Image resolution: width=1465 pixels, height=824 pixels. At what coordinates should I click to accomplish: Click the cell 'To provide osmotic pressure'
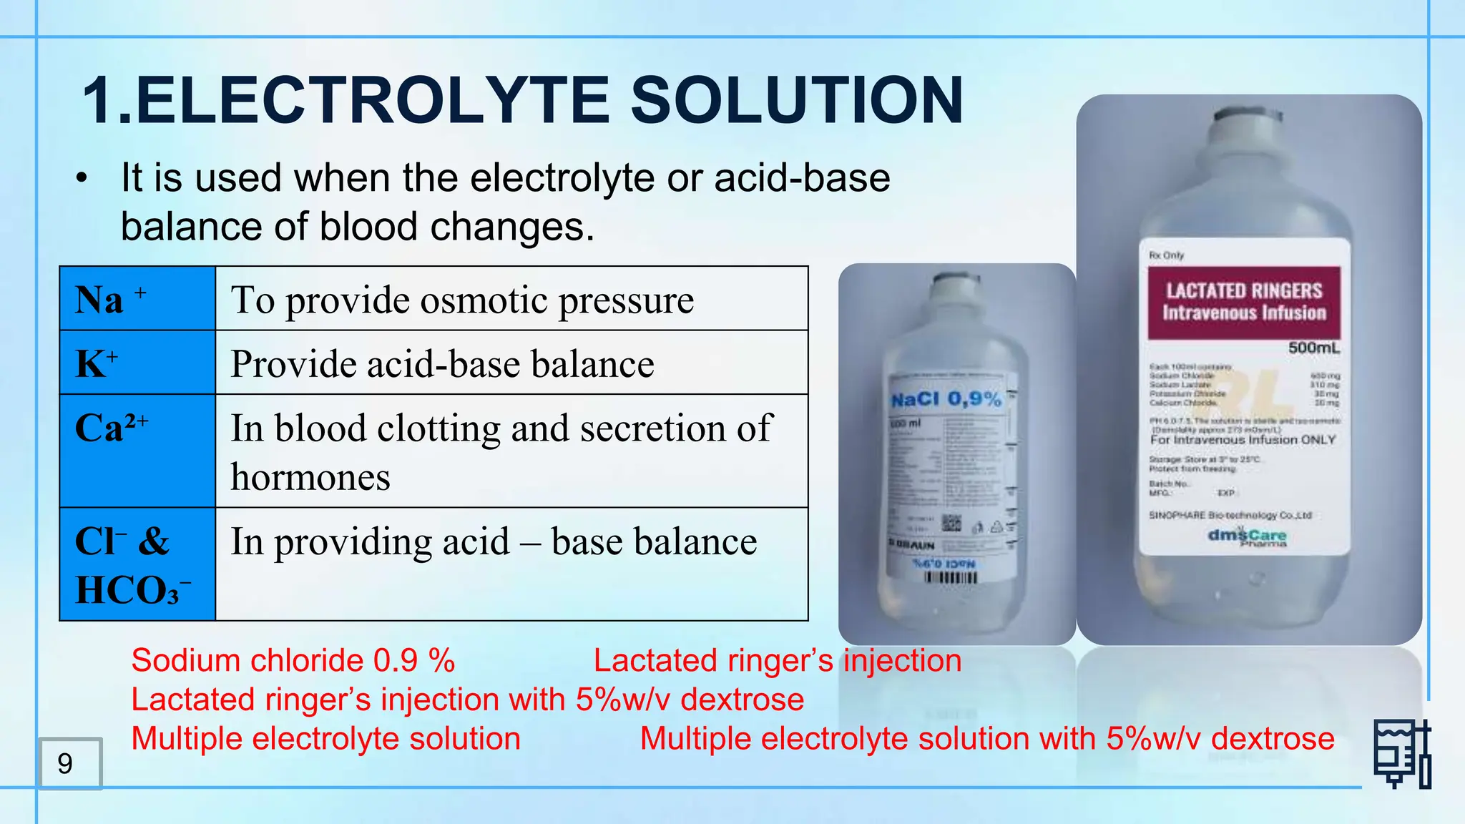[462, 299]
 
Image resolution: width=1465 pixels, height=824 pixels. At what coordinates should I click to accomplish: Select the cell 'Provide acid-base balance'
[442, 363]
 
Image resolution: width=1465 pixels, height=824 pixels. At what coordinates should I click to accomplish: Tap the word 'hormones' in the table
[310, 477]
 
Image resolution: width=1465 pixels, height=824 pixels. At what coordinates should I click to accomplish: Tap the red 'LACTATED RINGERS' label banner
[1244, 302]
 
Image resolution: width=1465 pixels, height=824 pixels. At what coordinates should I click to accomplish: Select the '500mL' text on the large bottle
[1313, 348]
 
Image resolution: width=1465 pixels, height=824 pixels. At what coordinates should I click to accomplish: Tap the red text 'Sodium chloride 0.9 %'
[293, 660]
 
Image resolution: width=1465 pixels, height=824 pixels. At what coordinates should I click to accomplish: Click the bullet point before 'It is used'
[82, 178]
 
